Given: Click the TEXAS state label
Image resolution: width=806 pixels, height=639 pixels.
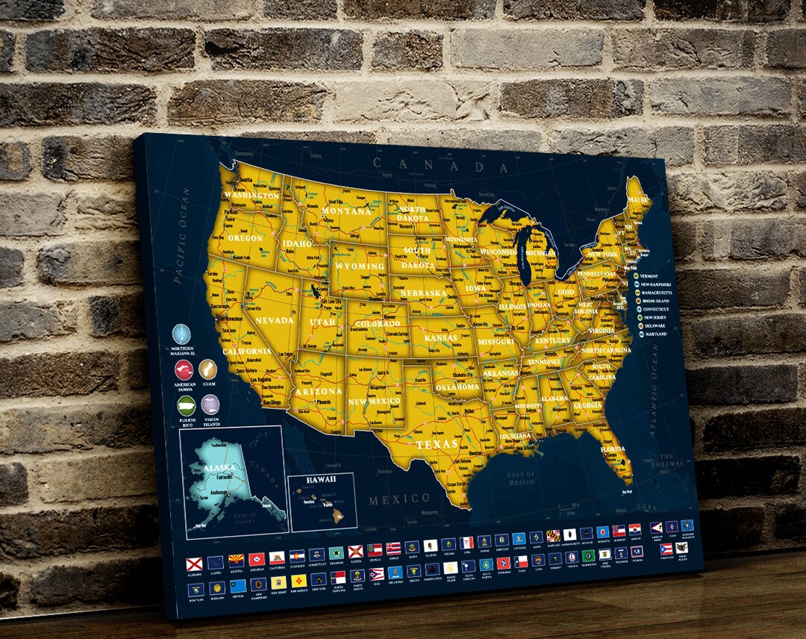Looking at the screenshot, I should [437, 444].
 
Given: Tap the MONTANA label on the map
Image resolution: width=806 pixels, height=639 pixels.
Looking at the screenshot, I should [346, 212].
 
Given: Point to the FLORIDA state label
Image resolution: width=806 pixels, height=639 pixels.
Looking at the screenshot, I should [613, 449].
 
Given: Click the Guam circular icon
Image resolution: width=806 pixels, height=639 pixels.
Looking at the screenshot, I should [206, 368].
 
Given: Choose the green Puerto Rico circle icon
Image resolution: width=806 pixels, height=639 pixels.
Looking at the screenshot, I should [186, 405].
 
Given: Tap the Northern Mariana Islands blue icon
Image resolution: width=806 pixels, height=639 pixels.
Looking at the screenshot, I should [181, 333].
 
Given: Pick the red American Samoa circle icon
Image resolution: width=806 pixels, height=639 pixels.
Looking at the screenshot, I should [184, 370].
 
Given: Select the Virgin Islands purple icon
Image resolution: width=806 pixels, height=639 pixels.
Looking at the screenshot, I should [210, 405].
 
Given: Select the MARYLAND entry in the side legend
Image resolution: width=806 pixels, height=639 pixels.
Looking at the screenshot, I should [655, 334].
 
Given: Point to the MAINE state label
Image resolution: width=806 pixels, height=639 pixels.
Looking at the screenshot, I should [638, 200].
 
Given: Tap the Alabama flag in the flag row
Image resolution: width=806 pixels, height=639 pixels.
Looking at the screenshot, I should [195, 561].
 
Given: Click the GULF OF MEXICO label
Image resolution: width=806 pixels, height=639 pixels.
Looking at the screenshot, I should [520, 478].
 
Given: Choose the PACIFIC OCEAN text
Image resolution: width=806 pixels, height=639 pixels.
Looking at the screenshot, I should [182, 234].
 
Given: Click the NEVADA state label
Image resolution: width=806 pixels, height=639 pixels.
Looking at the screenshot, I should [274, 320].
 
